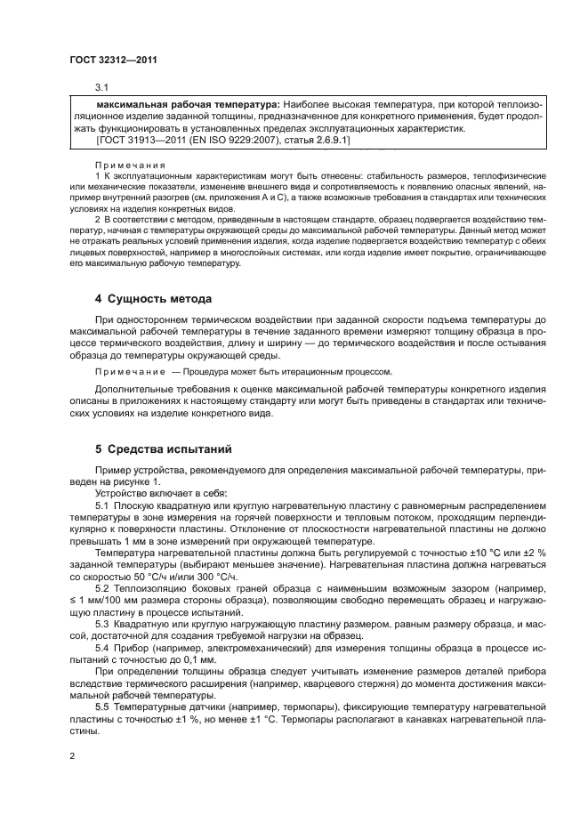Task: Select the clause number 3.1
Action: (101, 88)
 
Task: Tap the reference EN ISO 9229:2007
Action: (232, 141)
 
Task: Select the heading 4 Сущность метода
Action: (153, 298)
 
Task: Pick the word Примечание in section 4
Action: (130, 372)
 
